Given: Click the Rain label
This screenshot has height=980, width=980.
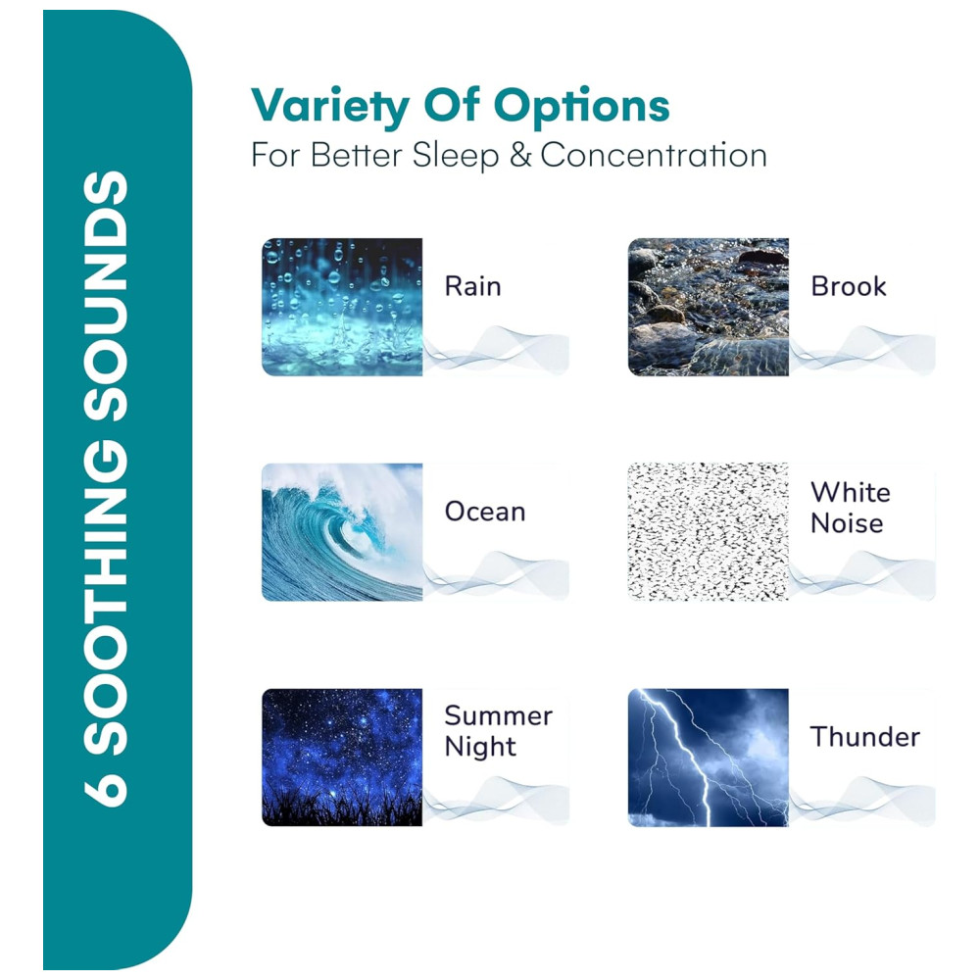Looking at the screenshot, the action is coord(472,287).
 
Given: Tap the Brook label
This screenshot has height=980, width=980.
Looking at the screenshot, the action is coord(848,287).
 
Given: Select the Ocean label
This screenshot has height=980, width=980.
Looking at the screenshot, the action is coord(485,512).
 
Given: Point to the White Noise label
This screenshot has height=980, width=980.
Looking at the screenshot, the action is coord(850,508).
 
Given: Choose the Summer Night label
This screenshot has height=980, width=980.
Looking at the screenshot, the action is coord(498,731).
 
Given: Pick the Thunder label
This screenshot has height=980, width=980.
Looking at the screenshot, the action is coord(865,737).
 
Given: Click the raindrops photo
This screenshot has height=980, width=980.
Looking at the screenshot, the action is coord(342,307).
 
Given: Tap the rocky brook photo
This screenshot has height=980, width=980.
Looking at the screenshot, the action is coord(709,307).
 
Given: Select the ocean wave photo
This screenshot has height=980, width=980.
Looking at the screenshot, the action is coord(342,532).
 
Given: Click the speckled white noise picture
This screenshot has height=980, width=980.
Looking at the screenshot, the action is coord(709,532).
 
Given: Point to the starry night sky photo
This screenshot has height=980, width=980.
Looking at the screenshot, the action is coord(342,758).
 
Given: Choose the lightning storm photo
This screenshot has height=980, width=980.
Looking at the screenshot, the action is coord(709,758).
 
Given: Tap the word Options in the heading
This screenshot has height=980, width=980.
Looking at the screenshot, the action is coord(581,106).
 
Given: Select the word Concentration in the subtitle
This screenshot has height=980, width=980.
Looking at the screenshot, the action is coord(654,155).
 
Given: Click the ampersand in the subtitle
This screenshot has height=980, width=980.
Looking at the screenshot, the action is coord(520,155).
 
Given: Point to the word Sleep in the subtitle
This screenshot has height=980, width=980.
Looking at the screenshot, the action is coord(456,156).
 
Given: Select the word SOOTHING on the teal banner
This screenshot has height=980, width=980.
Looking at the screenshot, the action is coord(106,598).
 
